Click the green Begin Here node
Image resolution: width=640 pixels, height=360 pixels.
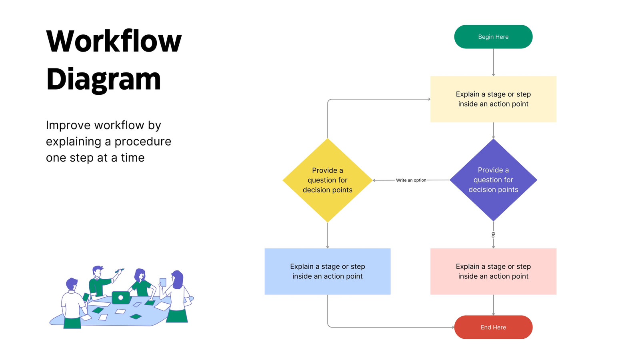(x=493, y=37)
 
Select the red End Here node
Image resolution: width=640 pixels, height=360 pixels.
(x=493, y=327)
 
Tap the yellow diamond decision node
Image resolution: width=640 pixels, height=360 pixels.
(x=328, y=180)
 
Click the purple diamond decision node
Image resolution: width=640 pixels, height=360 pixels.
(x=494, y=180)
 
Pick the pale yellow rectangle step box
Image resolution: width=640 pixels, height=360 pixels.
(x=494, y=99)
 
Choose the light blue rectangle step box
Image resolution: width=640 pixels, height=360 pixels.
(x=328, y=272)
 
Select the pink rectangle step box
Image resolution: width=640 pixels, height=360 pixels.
(x=494, y=272)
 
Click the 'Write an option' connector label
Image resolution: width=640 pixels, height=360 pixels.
(x=411, y=180)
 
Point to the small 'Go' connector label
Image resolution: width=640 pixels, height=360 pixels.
(x=494, y=235)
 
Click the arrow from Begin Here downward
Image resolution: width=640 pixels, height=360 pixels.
(x=494, y=62)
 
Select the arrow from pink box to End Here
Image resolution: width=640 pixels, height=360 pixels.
(x=494, y=305)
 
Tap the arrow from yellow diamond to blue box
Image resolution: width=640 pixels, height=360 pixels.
(x=328, y=236)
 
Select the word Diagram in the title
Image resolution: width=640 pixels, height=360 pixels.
(x=104, y=80)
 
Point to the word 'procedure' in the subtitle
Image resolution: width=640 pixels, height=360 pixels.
(x=143, y=142)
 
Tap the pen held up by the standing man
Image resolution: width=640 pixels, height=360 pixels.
(x=120, y=270)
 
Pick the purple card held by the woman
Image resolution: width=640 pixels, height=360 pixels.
(x=163, y=282)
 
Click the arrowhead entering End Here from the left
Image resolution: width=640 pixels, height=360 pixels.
(x=453, y=327)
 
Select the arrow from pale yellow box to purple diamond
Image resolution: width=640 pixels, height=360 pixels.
(x=494, y=130)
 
